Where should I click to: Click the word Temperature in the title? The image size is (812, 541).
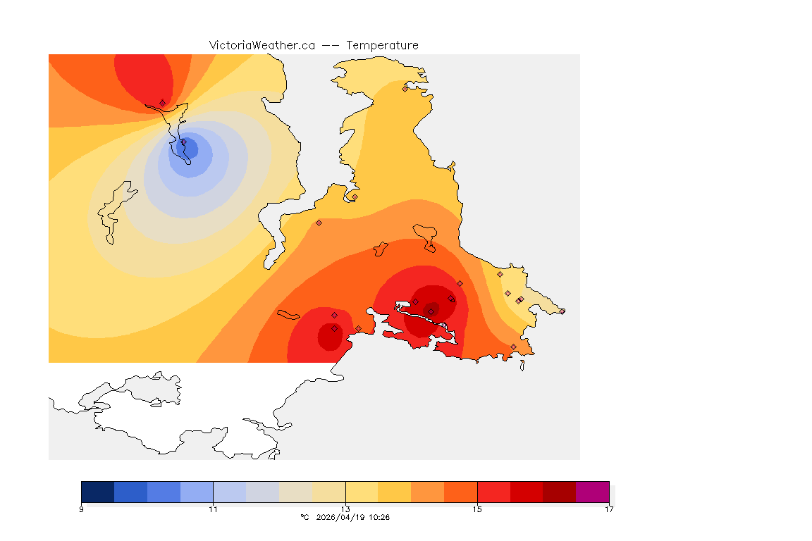(x=383, y=45)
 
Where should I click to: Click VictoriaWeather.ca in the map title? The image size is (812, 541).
(x=262, y=45)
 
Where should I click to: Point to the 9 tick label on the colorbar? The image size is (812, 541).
(x=82, y=509)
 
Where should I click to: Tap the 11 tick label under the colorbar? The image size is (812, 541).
(x=213, y=509)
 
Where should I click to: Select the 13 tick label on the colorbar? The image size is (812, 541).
(x=345, y=509)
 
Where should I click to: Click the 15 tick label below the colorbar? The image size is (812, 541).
(x=477, y=509)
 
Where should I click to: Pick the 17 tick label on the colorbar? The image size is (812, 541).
(x=609, y=509)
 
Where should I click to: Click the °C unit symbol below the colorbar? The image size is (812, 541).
(x=304, y=517)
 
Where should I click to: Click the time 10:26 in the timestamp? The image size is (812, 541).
(x=379, y=517)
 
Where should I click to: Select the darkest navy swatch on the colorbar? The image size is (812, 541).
(x=98, y=492)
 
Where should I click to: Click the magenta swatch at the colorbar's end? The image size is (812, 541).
(x=592, y=492)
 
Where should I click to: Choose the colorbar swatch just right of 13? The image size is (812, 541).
(x=362, y=492)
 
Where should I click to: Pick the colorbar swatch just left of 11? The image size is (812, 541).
(x=197, y=492)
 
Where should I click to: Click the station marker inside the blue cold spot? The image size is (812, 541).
(x=184, y=144)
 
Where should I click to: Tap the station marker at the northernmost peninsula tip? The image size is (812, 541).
(x=405, y=89)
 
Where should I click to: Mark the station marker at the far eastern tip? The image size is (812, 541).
(x=562, y=311)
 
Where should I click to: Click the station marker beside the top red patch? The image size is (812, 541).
(x=162, y=103)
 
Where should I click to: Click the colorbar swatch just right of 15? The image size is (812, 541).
(x=493, y=492)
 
